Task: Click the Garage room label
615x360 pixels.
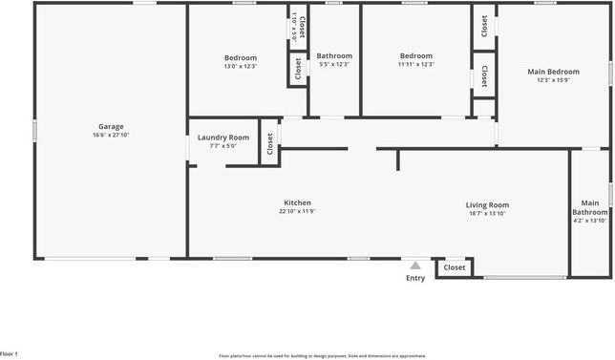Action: [x=111, y=126]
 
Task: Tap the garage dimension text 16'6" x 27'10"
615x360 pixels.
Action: [x=111, y=136]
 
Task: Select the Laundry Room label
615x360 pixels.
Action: [x=223, y=138]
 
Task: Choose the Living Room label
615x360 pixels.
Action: [x=487, y=204]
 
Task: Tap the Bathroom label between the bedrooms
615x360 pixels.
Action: [x=334, y=55]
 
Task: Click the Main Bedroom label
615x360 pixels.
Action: [x=553, y=72]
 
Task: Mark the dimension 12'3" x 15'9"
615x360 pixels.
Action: [x=553, y=80]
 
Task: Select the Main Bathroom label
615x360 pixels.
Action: [x=590, y=206]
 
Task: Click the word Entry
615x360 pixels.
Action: [x=415, y=279]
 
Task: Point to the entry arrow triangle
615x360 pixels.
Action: [x=414, y=265]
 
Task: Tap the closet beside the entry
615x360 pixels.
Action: [x=455, y=268]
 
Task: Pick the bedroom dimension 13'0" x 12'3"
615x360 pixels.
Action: [x=241, y=65]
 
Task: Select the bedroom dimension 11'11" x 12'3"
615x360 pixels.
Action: [x=416, y=65]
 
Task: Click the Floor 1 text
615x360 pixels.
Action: [x=11, y=354]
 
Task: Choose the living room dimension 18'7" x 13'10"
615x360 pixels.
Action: [x=487, y=214]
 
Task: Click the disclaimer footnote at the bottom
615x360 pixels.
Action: [x=323, y=355]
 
